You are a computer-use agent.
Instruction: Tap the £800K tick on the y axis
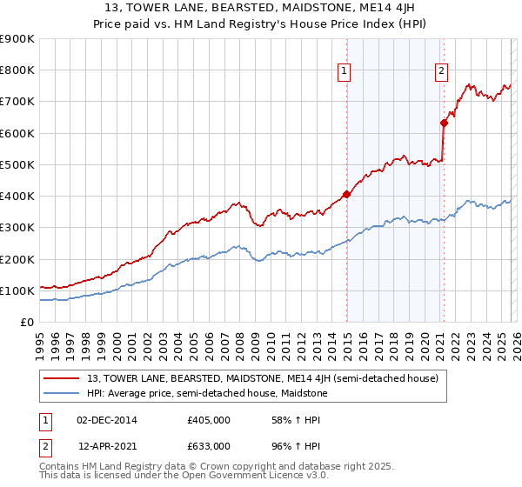click(x=17, y=70)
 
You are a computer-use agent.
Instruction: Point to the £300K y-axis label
click(x=17, y=228)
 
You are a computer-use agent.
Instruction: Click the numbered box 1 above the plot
click(x=345, y=71)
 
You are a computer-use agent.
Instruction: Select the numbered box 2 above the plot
click(x=442, y=71)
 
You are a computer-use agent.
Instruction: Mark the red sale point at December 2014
click(x=346, y=195)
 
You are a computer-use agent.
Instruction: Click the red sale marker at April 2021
click(x=444, y=123)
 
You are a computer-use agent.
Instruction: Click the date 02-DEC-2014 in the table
click(x=107, y=420)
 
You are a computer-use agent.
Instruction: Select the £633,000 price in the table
click(x=209, y=445)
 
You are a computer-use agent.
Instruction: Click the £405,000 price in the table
click(x=209, y=420)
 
